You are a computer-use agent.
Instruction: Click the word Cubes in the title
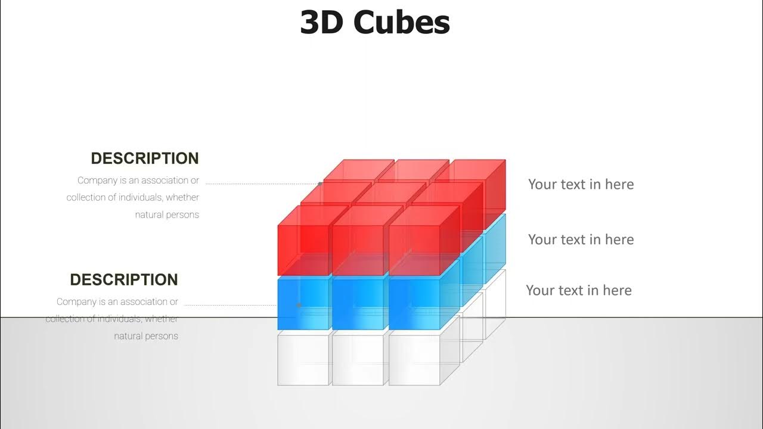tap(401, 23)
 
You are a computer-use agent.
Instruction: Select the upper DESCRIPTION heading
tap(144, 158)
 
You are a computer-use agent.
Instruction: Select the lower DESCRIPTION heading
tap(123, 279)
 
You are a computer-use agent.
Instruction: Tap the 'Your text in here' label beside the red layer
tap(581, 184)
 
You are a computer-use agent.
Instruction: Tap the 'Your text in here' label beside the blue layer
tap(581, 240)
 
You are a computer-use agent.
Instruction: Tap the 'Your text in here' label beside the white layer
tap(578, 290)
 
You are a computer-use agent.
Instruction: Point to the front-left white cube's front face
tap(303, 359)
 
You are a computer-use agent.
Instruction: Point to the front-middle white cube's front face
tap(358, 359)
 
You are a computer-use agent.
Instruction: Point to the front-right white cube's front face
tap(414, 359)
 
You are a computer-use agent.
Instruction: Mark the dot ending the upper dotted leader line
tap(320, 184)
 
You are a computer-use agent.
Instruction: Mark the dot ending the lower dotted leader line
tap(299, 305)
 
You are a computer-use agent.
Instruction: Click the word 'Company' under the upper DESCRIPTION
tap(96, 181)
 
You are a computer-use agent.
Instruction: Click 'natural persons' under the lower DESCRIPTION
tap(146, 336)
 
